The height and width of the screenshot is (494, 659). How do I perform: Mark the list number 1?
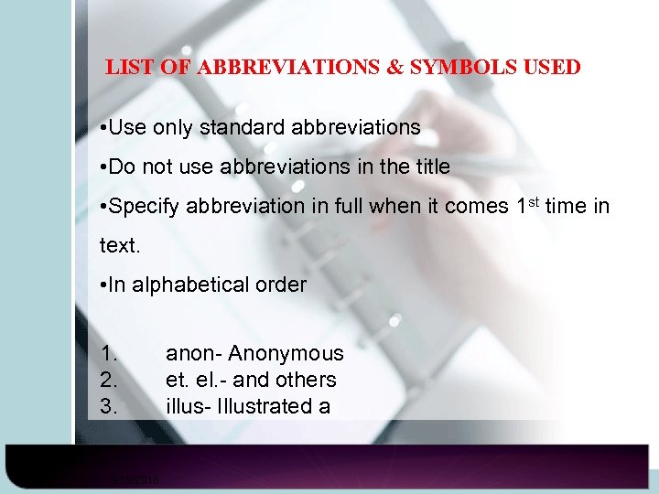click(109, 353)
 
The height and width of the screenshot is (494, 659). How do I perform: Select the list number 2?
click(109, 380)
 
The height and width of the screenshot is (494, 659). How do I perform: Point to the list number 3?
click(109, 406)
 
